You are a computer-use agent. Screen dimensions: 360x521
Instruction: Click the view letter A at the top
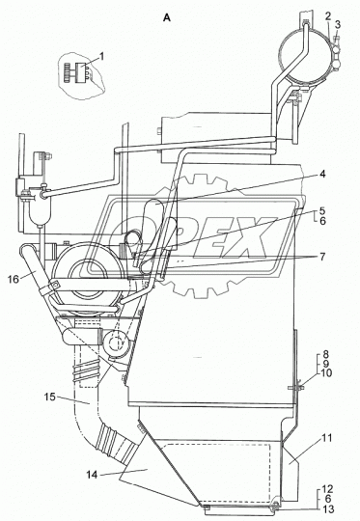[x=167, y=18]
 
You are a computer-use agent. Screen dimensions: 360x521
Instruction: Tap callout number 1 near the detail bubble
[x=101, y=57]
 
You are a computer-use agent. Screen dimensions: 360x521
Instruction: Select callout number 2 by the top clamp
[x=328, y=16]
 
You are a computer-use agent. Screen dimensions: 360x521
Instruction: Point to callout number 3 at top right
[x=338, y=24]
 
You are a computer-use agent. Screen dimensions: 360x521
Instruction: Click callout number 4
[x=322, y=174]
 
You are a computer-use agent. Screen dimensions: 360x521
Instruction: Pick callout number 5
[x=322, y=211]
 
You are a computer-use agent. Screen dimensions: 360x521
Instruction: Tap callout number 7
[x=322, y=257]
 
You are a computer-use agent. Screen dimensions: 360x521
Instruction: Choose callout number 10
[x=325, y=372]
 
